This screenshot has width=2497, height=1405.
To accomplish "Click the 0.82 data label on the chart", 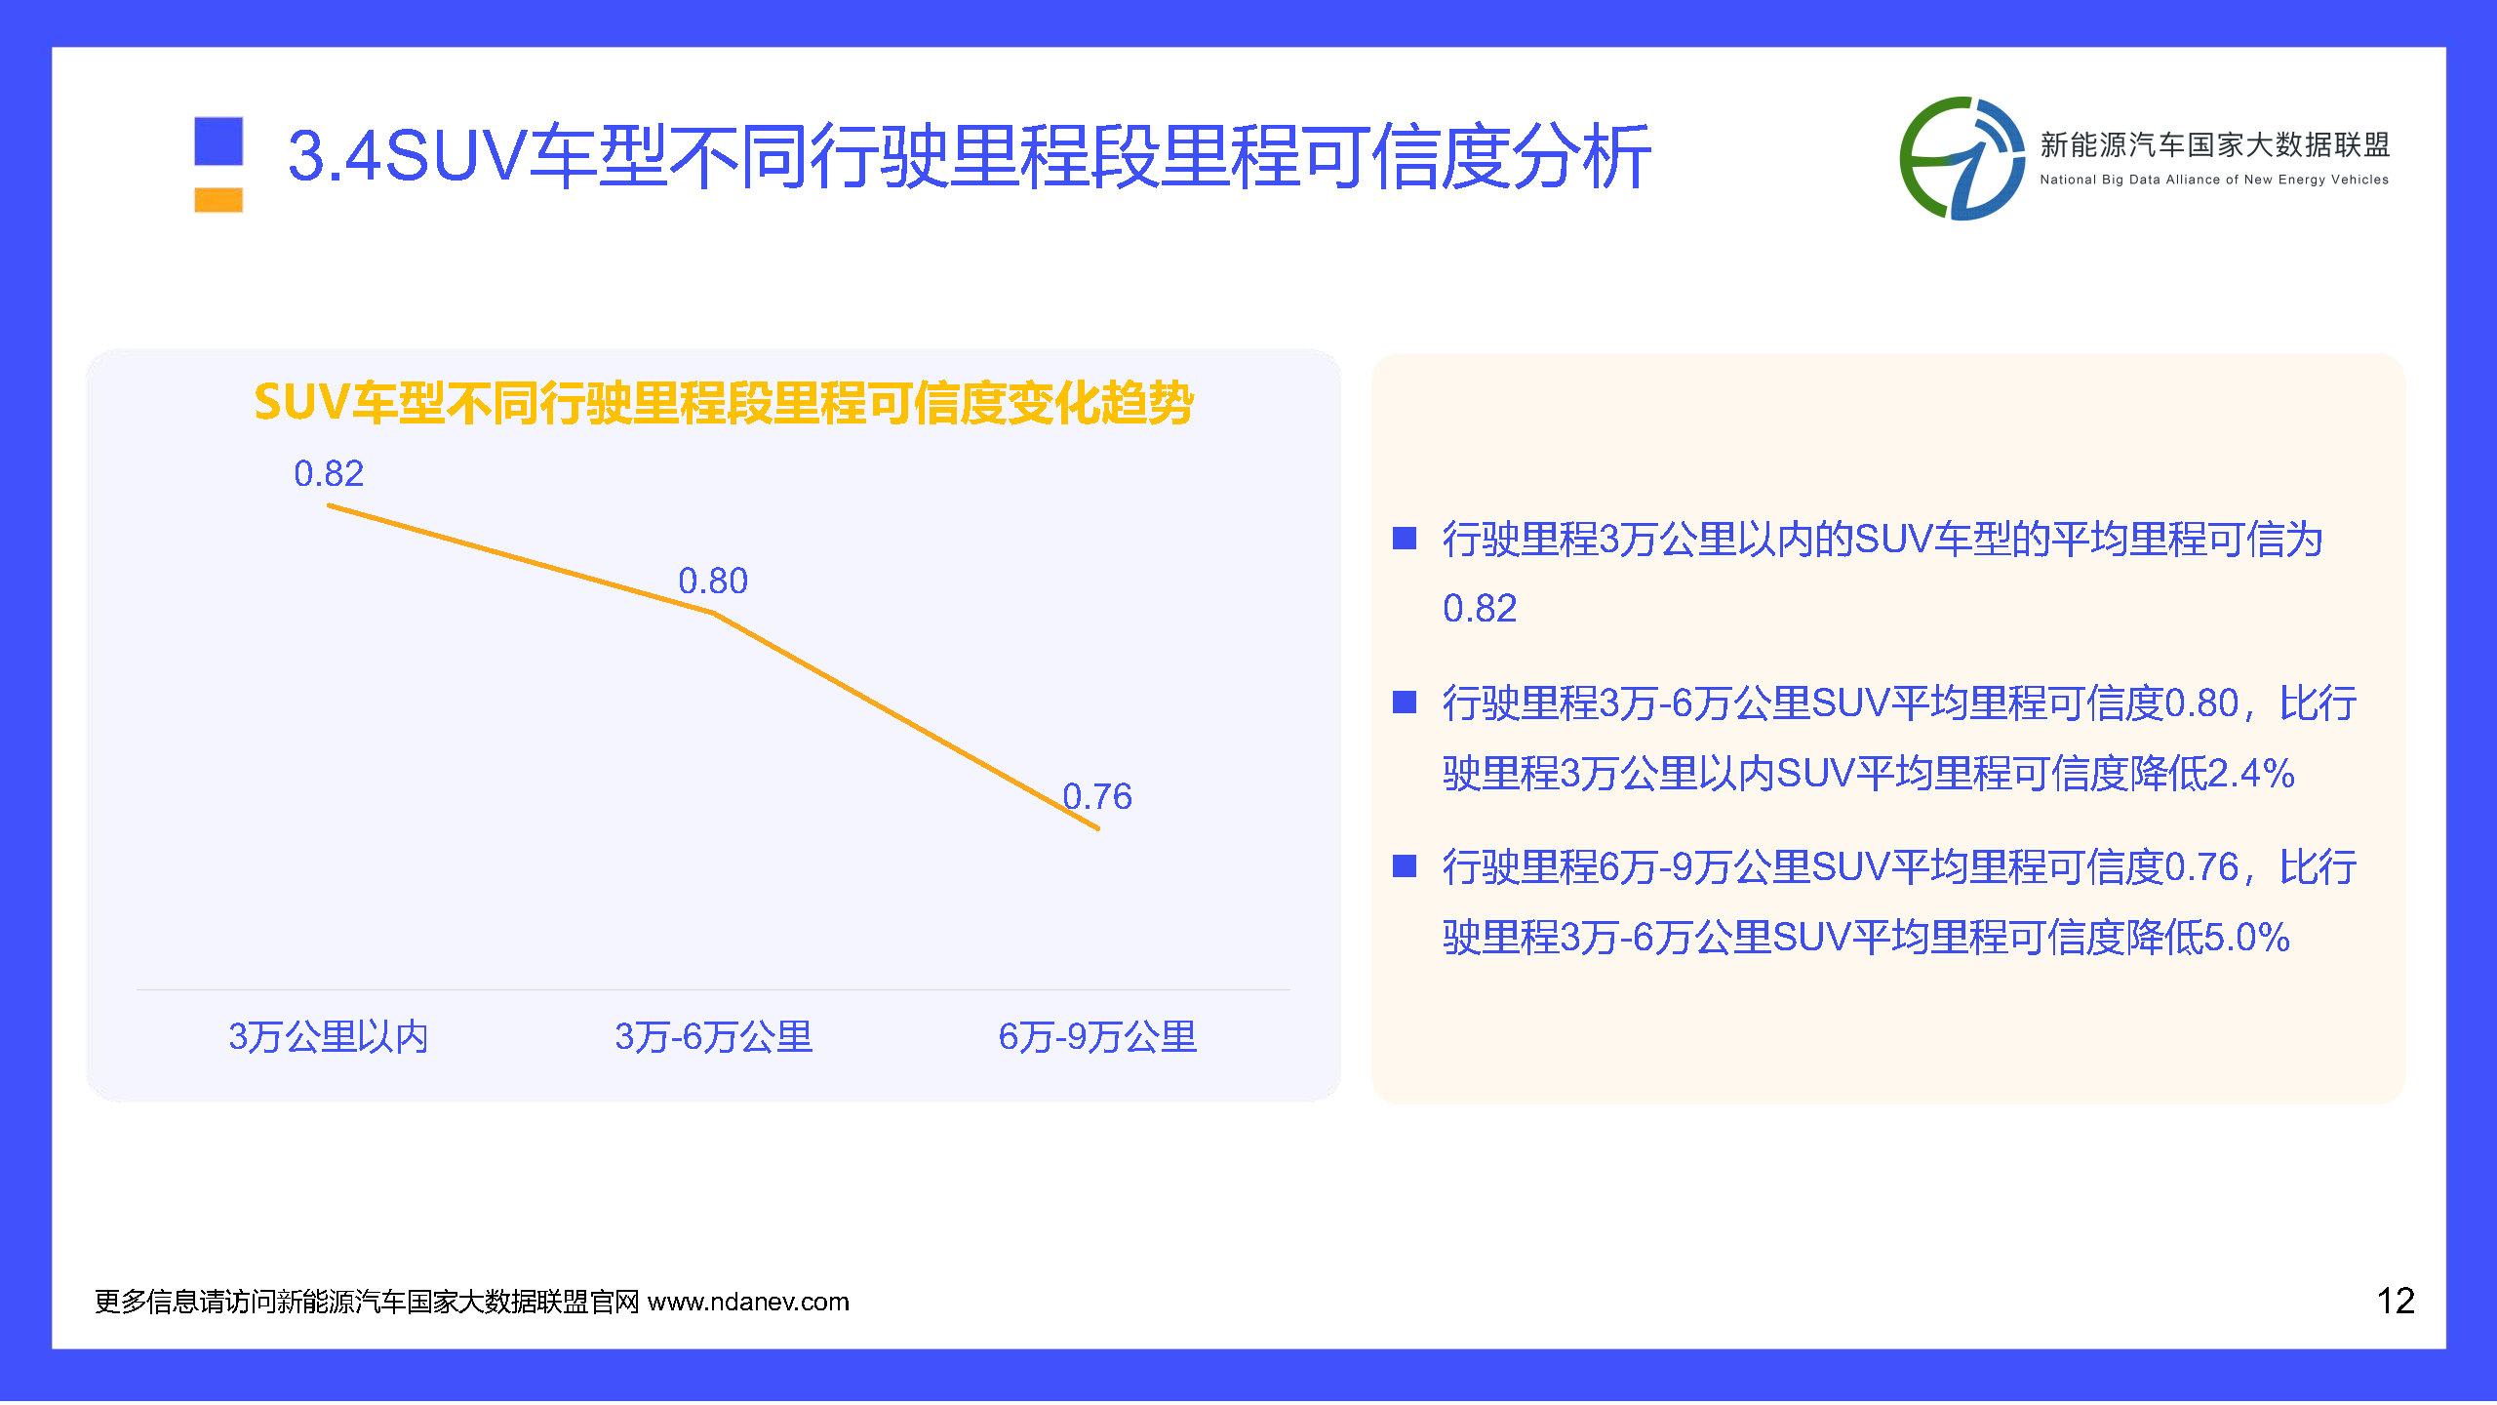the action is click(x=329, y=473).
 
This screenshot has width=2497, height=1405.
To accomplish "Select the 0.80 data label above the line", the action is click(x=713, y=581).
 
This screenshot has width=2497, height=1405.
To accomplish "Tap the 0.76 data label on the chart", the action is click(x=1097, y=796).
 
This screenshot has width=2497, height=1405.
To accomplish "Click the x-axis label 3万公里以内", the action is click(x=329, y=1036).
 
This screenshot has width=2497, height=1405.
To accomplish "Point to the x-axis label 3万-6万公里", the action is click(x=713, y=1036).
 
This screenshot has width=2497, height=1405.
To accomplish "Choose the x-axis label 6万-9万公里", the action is click(x=1097, y=1036).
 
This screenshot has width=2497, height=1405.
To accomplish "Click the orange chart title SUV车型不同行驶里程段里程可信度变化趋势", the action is click(x=724, y=403).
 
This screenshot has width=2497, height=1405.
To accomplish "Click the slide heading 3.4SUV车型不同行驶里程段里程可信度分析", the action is click(x=969, y=156).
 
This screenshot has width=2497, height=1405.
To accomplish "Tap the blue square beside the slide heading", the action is click(x=218, y=140).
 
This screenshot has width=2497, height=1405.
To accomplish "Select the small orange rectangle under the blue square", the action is click(x=218, y=200).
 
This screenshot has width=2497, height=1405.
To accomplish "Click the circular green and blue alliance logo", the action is click(x=1962, y=158).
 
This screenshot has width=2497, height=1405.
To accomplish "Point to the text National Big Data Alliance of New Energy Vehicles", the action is click(x=2214, y=180).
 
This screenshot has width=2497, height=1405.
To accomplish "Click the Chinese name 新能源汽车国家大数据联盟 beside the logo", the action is click(x=2214, y=144).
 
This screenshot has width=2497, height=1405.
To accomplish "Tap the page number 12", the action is click(x=2395, y=1301).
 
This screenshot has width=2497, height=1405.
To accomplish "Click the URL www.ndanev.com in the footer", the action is click(x=748, y=1302).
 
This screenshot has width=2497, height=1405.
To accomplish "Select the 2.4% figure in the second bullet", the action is click(x=2250, y=774).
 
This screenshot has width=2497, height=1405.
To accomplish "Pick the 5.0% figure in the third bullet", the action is click(x=2246, y=938).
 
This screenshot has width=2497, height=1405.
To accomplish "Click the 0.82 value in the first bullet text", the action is click(x=1480, y=609).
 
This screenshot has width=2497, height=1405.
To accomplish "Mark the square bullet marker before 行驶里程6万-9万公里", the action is click(x=1405, y=866).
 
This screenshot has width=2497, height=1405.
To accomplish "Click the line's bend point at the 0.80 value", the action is click(x=713, y=613).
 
